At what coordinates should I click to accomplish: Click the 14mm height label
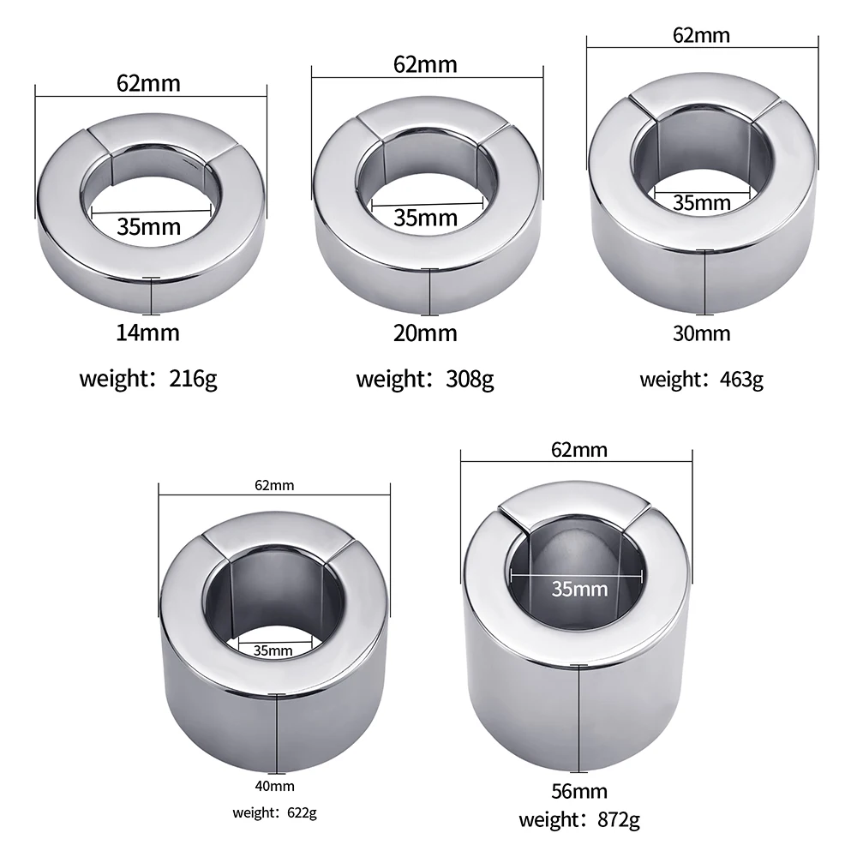pos(147,333)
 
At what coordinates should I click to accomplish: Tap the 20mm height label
pos(425,333)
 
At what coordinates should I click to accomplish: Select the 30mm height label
pos(701,333)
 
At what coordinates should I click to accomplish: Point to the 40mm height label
pos(274,786)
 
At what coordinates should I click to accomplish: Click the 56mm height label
pos(578,791)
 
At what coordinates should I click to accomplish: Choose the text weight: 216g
pos(148,378)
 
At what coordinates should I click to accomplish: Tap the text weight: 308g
pos(425,379)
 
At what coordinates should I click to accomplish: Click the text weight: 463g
pos(701,380)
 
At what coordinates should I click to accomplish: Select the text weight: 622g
pos(274,812)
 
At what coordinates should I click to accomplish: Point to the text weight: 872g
pos(578,819)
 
